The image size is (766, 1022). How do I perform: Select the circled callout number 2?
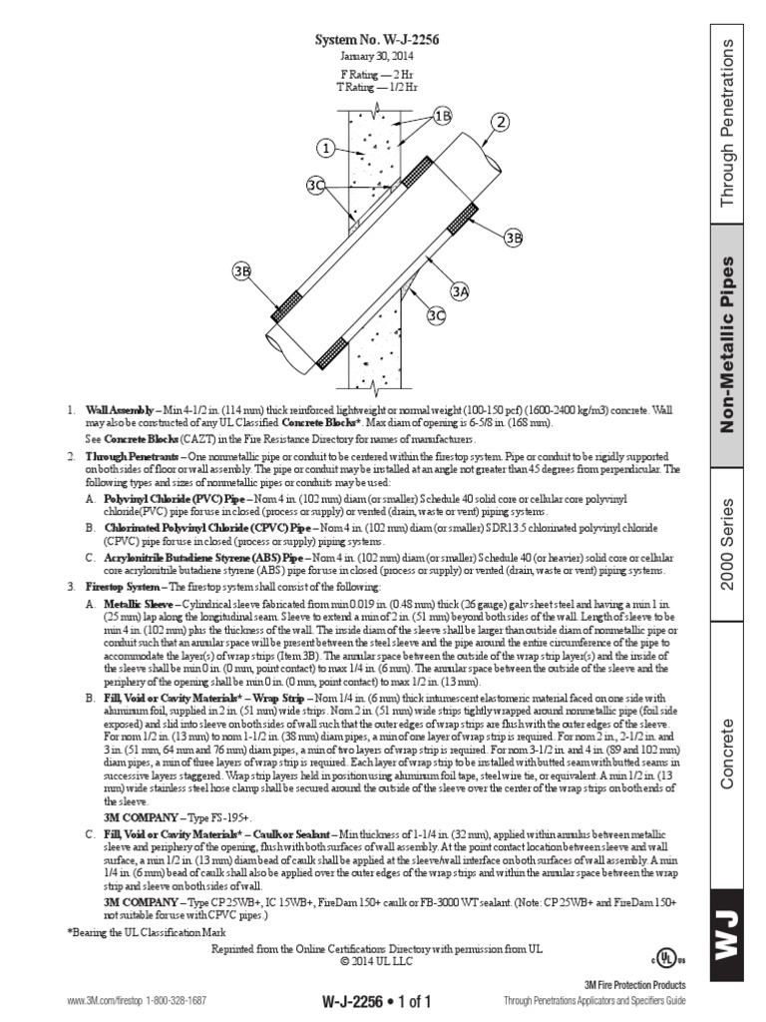[501, 122]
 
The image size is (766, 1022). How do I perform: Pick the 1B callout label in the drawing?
[443, 115]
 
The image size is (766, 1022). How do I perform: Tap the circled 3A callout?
[459, 291]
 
